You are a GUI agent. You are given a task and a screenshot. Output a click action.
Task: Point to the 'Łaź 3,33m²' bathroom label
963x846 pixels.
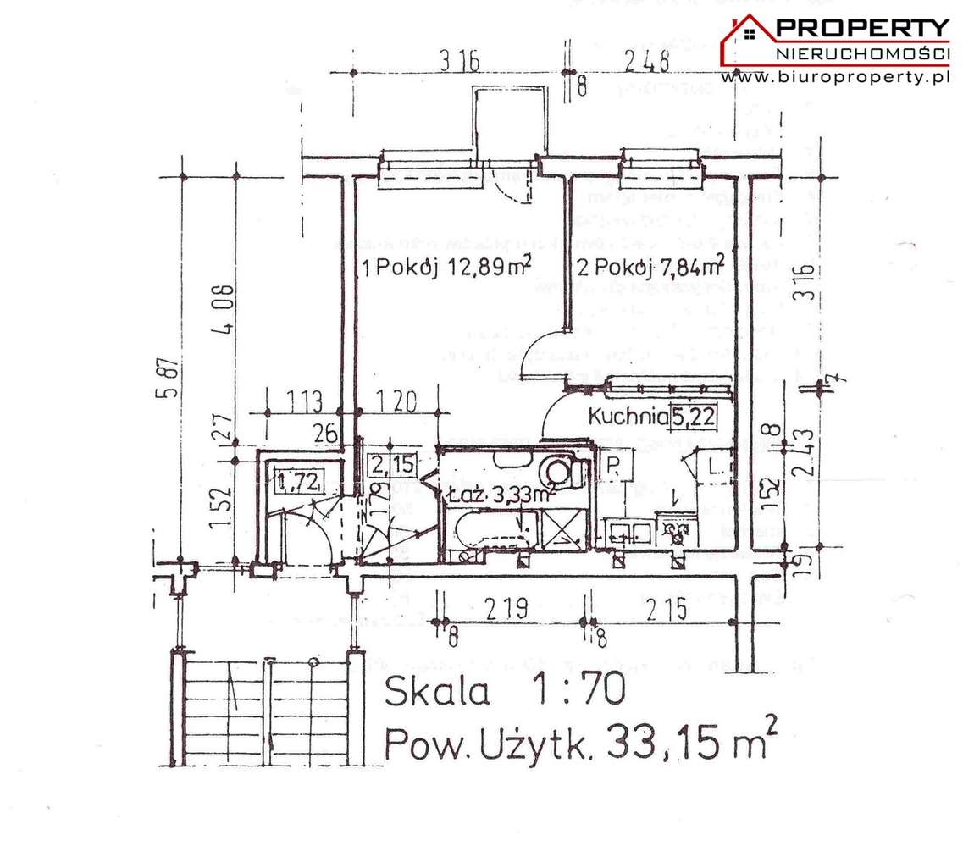(x=500, y=493)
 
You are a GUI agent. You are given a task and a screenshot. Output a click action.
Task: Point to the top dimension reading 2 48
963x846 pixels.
(x=646, y=61)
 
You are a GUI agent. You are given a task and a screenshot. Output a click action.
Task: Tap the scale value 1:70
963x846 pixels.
(x=577, y=691)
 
